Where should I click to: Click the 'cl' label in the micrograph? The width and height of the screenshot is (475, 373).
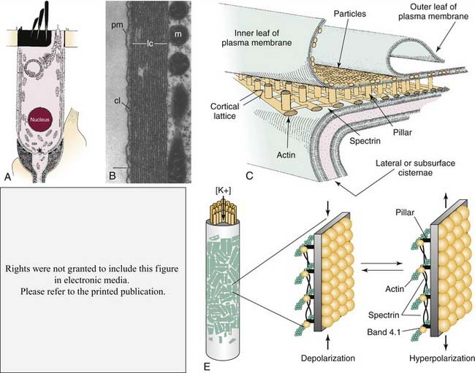[107, 101]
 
